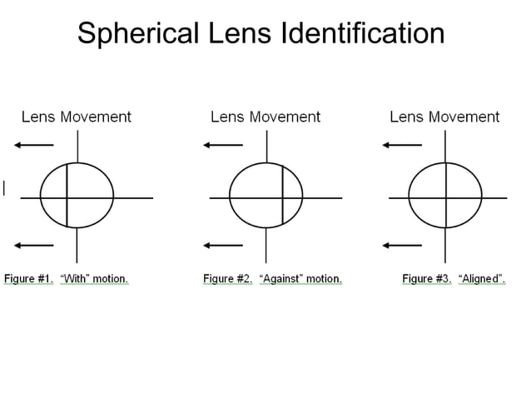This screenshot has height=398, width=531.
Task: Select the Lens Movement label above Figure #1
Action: [76, 117]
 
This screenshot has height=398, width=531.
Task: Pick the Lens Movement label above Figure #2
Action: [265, 117]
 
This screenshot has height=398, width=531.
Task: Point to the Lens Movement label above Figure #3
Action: [444, 117]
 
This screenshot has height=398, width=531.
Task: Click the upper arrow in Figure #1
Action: [34, 146]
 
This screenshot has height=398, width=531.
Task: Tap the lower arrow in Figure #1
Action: [34, 245]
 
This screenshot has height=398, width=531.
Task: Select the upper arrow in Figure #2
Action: [223, 146]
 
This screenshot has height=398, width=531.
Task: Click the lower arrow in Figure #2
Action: [223, 245]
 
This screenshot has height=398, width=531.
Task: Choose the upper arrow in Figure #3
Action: [402, 146]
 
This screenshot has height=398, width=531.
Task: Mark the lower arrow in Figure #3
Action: [402, 245]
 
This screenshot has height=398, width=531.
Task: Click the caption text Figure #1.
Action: [29, 279]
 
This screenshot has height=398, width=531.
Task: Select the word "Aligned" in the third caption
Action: [480, 279]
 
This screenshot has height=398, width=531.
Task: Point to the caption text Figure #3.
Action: [426, 279]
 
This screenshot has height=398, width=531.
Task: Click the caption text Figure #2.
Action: [227, 279]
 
